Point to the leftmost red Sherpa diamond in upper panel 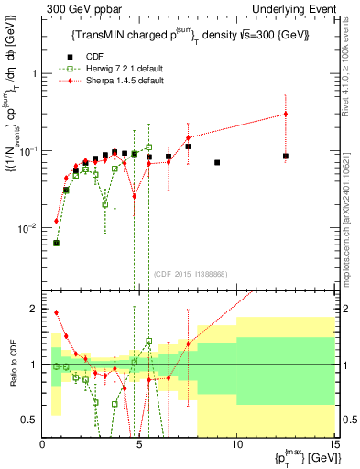pyautogui.click(x=57, y=221)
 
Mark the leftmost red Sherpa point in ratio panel pyautogui.click(x=57, y=312)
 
